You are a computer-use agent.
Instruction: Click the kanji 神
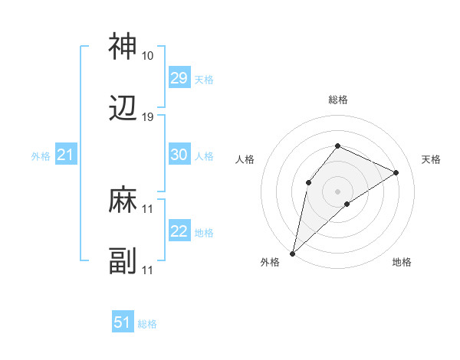tap(123, 47)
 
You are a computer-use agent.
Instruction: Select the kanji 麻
tap(123, 201)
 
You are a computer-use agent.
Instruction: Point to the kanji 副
tap(123, 262)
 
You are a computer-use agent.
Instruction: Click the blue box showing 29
tap(179, 78)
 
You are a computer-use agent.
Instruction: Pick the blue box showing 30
tap(179, 155)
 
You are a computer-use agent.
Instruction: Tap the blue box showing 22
tap(179, 231)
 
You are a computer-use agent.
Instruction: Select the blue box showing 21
tap(66, 155)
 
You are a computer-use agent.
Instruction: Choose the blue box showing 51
tap(123, 322)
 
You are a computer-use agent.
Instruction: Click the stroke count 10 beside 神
tap(147, 56)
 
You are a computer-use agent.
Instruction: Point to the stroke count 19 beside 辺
tap(147, 117)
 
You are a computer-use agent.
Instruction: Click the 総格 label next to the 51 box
tap(147, 324)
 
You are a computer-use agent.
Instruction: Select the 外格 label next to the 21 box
tap(41, 156)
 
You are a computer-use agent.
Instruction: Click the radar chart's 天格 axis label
tap(431, 159)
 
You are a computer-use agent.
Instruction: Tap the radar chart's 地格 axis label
tap(402, 262)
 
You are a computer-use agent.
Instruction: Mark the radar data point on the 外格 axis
tap(293, 253)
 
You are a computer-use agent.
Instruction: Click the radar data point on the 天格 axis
tap(396, 172)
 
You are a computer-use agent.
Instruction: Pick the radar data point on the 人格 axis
tap(308, 182)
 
